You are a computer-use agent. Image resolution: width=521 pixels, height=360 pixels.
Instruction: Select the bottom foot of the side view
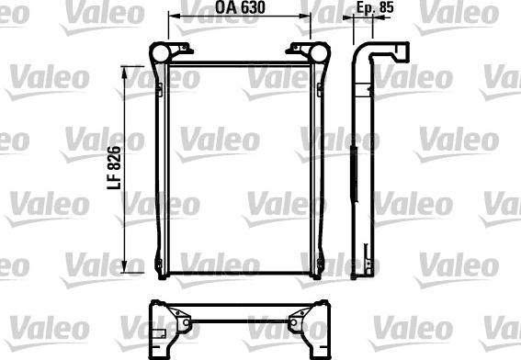pyautogui.click(x=368, y=266)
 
